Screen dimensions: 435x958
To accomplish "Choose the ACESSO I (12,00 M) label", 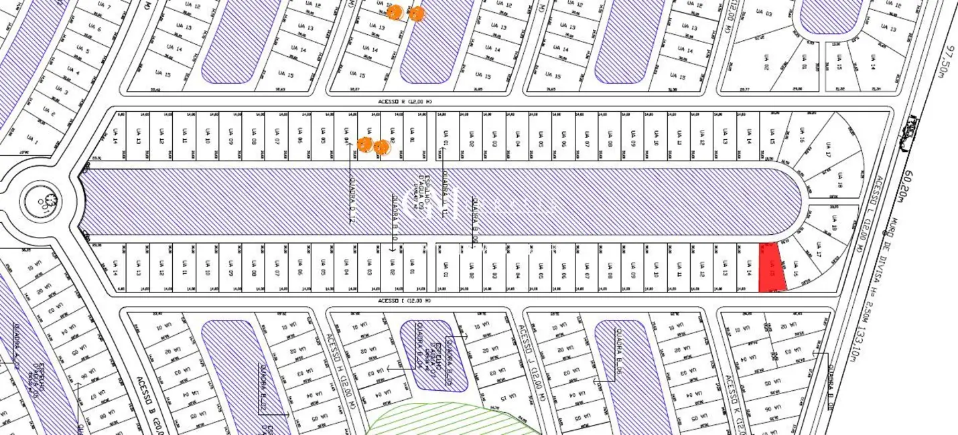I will click(x=405, y=300).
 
